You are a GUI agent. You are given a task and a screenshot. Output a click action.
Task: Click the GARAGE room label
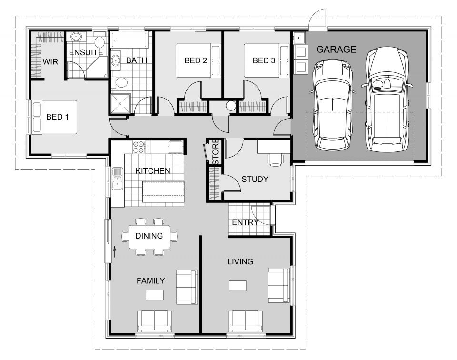click(336, 49)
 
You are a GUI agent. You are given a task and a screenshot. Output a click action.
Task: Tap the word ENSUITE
click(86, 52)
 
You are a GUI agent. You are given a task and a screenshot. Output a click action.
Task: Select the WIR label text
click(50, 62)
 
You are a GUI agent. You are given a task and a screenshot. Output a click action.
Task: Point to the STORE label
click(215, 152)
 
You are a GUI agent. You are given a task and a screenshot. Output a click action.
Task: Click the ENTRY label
click(245, 222)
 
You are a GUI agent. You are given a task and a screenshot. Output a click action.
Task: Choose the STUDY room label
click(255, 180)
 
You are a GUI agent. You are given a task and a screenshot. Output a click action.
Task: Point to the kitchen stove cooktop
click(139, 147)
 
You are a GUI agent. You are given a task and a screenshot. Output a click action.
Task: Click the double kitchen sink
click(118, 181)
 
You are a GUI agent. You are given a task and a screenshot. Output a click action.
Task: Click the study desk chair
click(275, 159)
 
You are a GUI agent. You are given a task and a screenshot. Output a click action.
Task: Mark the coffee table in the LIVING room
click(238, 286)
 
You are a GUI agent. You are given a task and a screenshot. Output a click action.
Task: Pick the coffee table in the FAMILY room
click(154, 295)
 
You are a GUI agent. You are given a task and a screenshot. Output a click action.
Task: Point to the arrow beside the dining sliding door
click(115, 251)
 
